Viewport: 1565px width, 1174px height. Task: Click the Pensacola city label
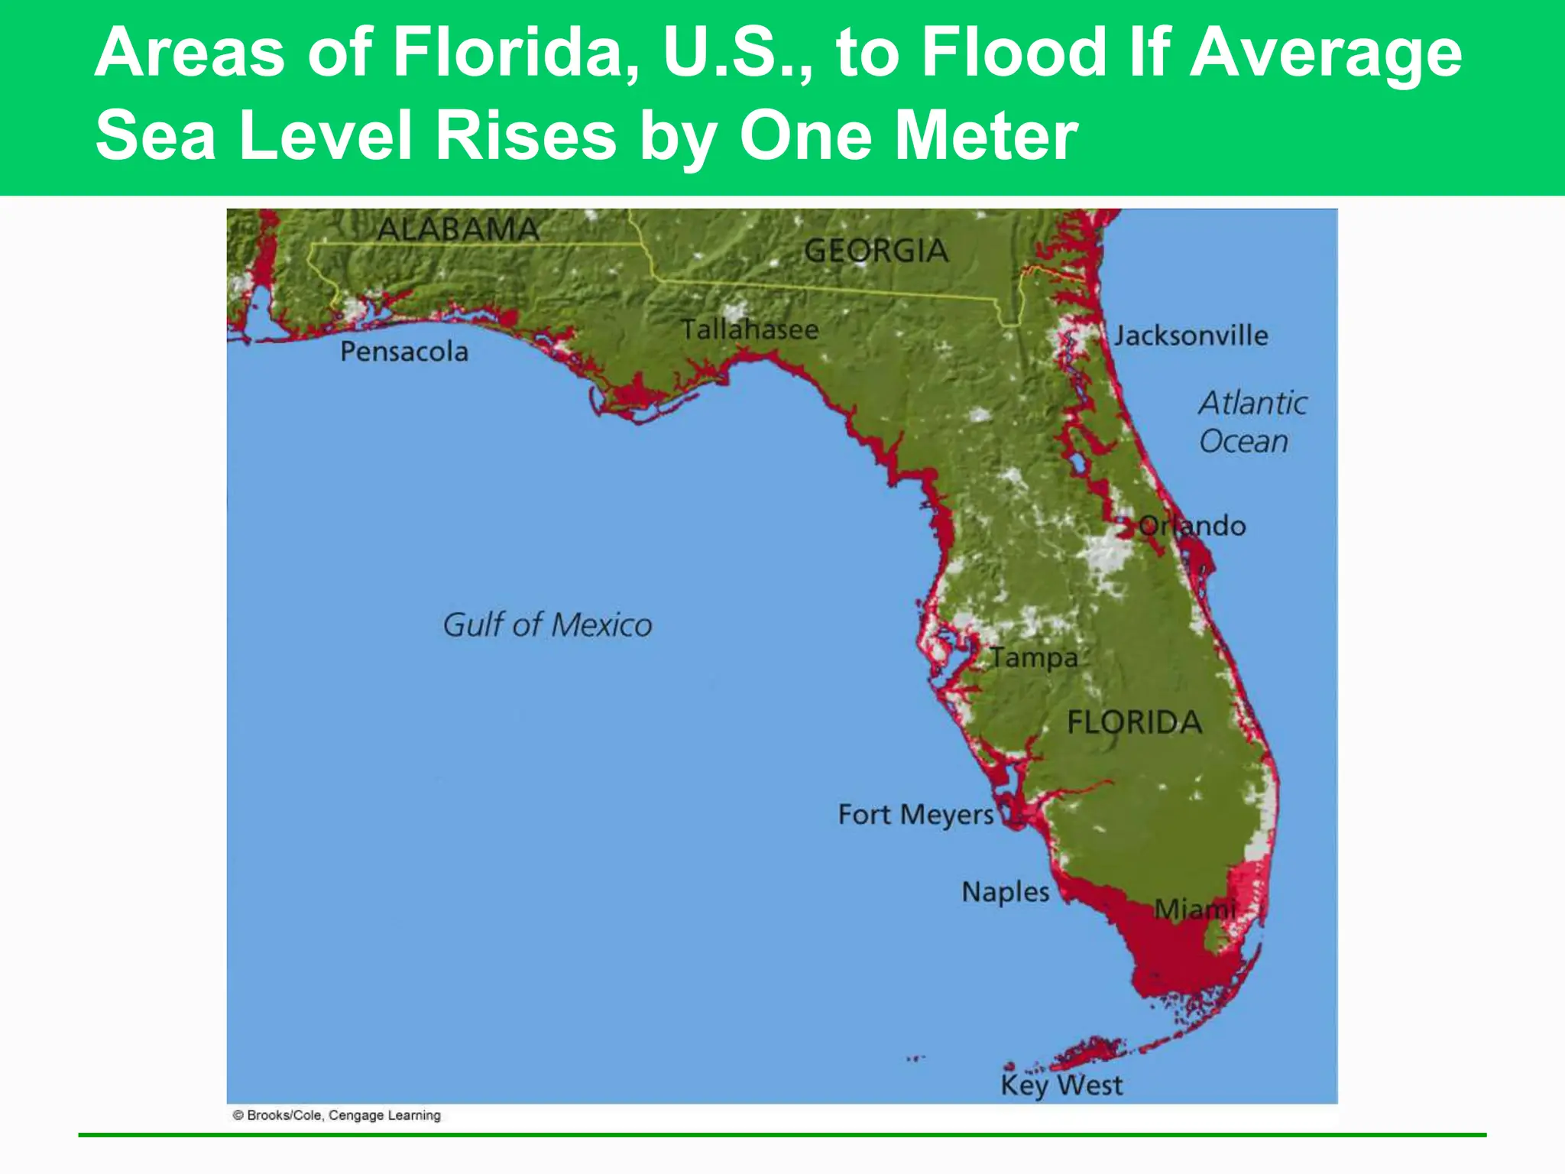click(404, 352)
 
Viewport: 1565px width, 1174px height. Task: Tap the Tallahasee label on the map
click(750, 329)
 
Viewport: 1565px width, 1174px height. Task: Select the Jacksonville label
click(1191, 336)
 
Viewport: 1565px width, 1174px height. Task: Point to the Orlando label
click(1192, 526)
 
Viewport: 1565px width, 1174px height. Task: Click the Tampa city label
click(1034, 658)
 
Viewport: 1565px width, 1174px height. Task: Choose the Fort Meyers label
click(915, 815)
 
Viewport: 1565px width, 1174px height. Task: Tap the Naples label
click(1006, 892)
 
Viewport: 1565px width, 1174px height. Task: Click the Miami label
click(1194, 910)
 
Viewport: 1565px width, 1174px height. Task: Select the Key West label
click(1061, 1085)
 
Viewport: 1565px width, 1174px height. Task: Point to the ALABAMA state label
click(458, 229)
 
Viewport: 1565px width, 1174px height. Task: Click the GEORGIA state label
click(876, 251)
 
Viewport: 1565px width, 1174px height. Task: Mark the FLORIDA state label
click(1134, 722)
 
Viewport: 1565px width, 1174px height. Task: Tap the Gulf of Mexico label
click(547, 625)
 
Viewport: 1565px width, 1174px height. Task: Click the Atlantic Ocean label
click(1252, 422)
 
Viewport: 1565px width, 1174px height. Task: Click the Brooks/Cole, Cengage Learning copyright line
click(337, 1115)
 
